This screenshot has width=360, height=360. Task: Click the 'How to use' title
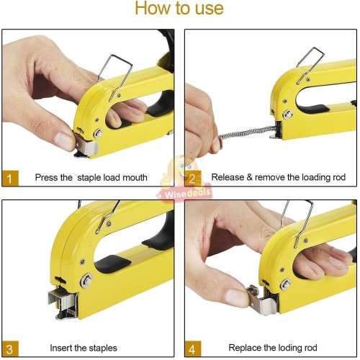pos(179,9)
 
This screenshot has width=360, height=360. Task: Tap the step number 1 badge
pos(9,178)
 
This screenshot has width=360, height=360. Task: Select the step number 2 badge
pos(192,178)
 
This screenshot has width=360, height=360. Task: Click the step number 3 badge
pos(9,348)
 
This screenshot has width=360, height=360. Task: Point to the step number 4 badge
pos(192,348)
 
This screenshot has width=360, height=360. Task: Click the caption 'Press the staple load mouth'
pos(91,178)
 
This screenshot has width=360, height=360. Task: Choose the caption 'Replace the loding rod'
pos(271,348)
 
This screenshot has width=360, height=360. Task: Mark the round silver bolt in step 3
pos(85,279)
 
